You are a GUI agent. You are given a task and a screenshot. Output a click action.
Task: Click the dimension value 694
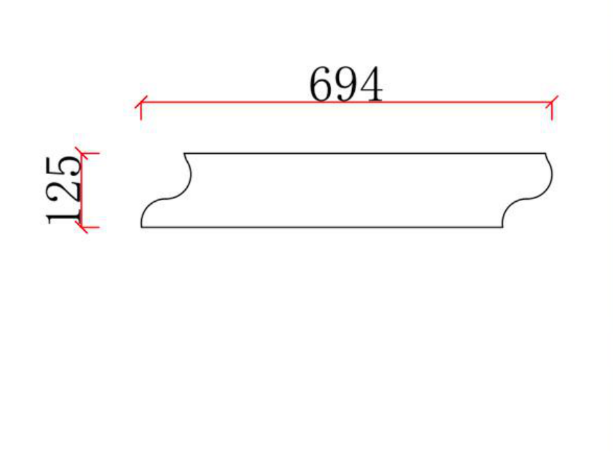click(346, 84)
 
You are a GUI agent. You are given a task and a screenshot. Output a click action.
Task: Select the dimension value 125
click(63, 191)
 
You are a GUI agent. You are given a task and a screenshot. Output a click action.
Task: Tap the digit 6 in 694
click(321, 84)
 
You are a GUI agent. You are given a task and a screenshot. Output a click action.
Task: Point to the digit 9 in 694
click(346, 84)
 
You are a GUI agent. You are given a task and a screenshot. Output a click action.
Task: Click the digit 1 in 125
click(63, 215)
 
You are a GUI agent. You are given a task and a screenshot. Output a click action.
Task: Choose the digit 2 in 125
click(63, 191)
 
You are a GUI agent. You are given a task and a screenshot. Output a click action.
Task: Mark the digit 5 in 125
click(63, 167)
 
